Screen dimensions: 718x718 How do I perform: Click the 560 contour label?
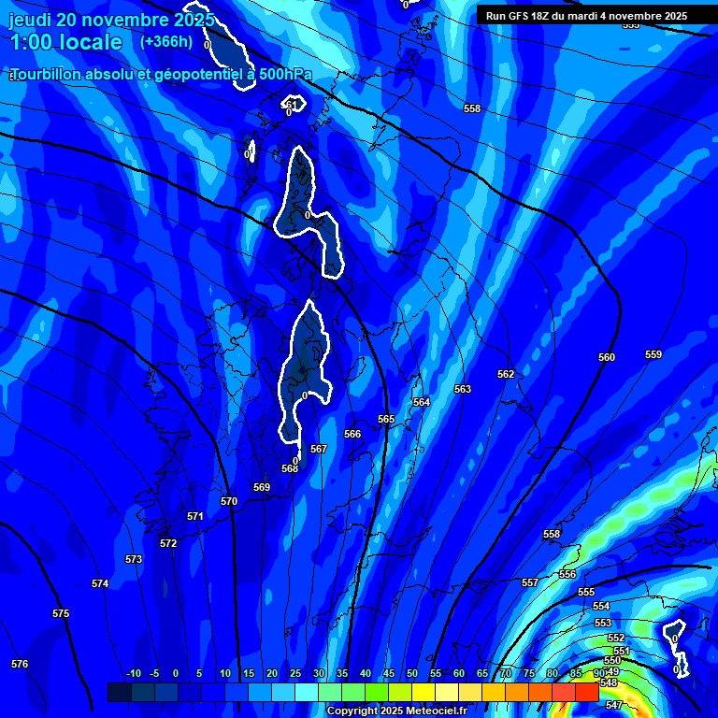[x=607, y=358]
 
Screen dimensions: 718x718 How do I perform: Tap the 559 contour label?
[x=653, y=354]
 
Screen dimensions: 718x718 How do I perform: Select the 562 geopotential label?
[x=506, y=374]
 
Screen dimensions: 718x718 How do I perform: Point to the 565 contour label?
[x=386, y=420]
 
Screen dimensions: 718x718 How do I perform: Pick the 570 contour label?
[x=229, y=502]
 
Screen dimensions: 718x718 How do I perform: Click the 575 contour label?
[x=61, y=614]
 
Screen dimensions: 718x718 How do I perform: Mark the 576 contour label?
[x=20, y=664]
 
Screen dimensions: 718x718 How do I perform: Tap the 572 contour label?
[x=168, y=543]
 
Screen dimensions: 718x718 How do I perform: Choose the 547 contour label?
[x=614, y=705]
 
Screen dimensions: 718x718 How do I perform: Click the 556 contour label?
[x=567, y=574]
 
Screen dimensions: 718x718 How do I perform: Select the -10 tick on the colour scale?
[x=133, y=674]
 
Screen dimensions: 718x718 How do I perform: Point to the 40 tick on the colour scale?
[x=366, y=674]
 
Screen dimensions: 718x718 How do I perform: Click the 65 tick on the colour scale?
[x=482, y=674]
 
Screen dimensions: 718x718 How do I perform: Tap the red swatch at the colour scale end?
[x=586, y=692]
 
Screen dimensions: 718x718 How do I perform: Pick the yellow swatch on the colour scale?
[x=423, y=692]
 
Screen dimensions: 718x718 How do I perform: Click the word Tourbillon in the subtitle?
[x=52, y=74]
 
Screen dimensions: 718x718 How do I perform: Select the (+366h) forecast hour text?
[x=166, y=41]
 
